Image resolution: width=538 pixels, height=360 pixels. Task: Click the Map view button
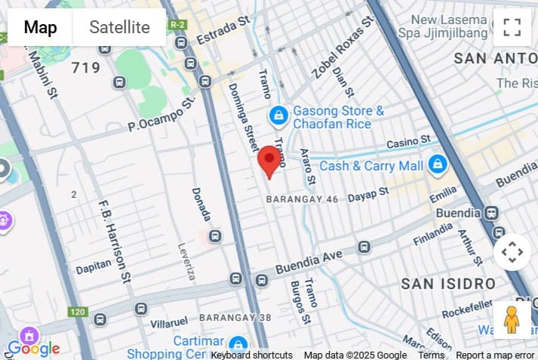click(x=40, y=28)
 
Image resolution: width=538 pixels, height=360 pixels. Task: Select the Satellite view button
click(x=119, y=28)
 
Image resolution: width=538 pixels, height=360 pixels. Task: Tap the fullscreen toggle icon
click(x=512, y=27)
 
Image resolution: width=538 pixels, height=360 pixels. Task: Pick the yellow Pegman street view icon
click(x=512, y=320)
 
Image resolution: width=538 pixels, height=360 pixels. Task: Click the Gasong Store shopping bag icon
click(x=279, y=115)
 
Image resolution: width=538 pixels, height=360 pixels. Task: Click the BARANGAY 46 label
click(x=302, y=199)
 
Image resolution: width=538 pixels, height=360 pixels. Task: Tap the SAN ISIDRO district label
click(x=448, y=284)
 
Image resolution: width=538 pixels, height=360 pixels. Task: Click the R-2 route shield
click(x=178, y=24)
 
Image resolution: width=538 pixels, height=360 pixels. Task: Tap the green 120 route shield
click(x=78, y=311)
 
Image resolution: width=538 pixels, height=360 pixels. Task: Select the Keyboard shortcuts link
click(x=251, y=355)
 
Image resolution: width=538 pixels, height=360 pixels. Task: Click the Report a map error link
click(x=495, y=355)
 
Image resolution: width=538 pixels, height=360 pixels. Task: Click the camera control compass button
click(x=512, y=252)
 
